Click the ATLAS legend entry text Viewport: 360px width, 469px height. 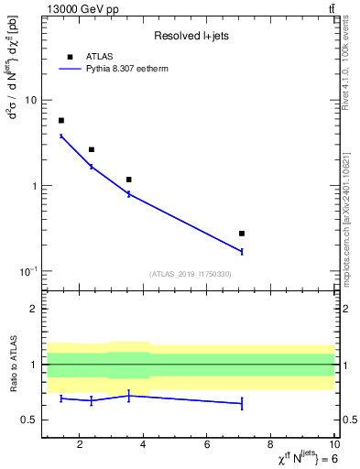(99, 56)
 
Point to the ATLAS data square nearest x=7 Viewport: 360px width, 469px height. (242, 234)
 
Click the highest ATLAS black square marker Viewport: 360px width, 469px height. (61, 120)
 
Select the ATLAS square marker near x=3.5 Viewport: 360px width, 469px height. (129, 180)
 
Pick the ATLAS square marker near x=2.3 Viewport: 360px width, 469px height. (92, 149)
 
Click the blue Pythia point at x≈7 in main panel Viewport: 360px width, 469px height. (242, 251)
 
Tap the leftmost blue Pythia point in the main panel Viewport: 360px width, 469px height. (61, 136)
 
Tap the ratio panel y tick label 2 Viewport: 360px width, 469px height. (33, 310)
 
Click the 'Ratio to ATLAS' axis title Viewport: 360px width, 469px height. (11, 365)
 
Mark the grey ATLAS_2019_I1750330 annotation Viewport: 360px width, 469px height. (191, 274)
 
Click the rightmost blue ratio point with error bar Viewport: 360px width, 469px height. (242, 403)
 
